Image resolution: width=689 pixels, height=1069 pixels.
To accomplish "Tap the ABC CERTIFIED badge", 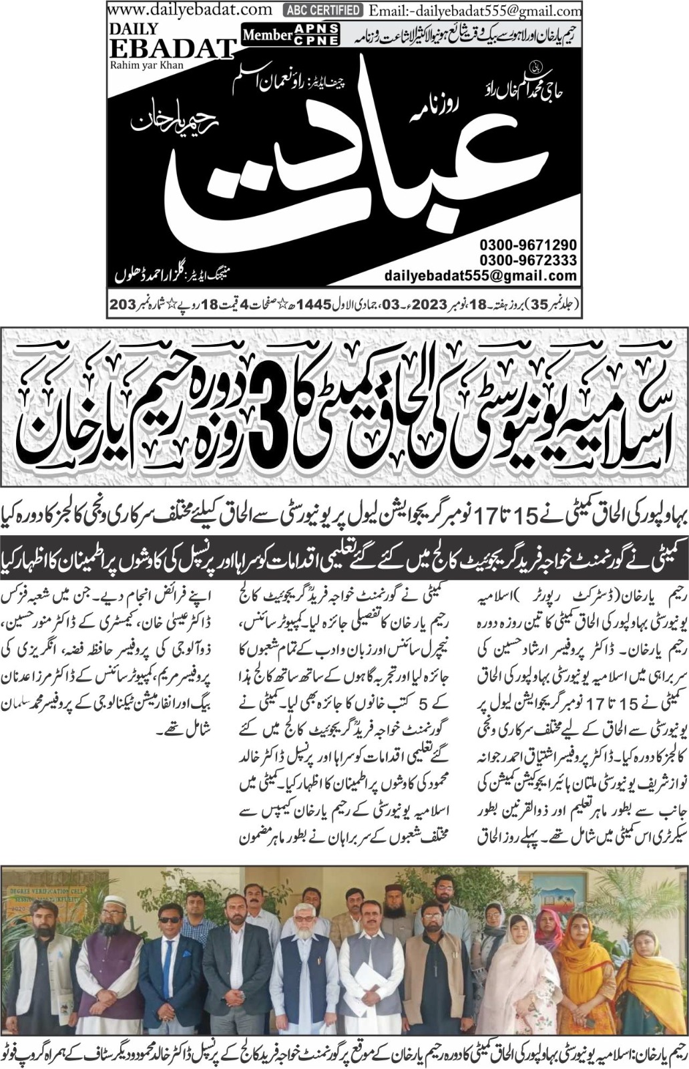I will tap(323, 10).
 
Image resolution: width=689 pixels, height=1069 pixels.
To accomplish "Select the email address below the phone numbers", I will tap(480, 275).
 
